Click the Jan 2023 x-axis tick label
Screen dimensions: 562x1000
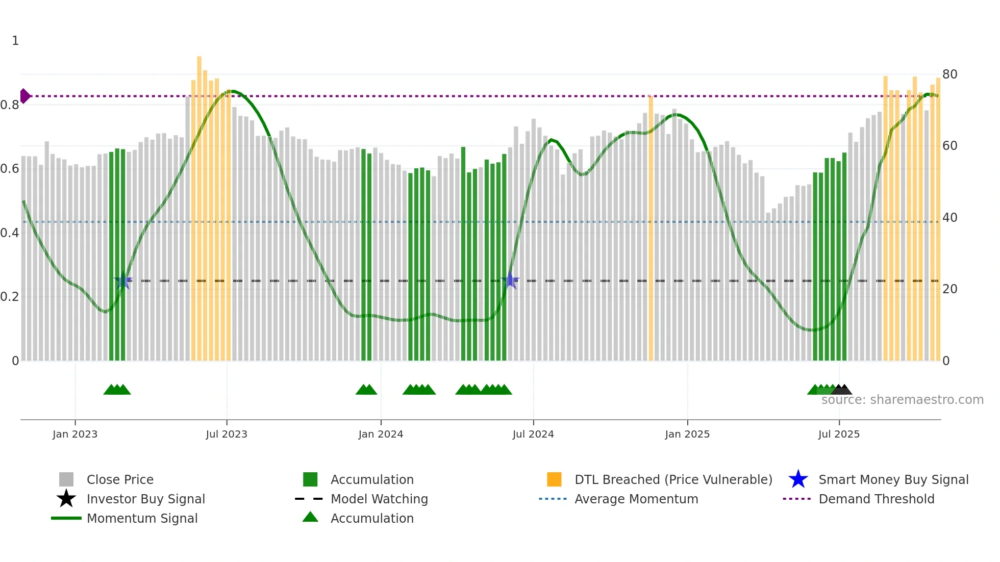tap(75, 434)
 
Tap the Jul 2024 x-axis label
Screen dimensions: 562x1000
tap(533, 434)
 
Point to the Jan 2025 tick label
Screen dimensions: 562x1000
tap(687, 434)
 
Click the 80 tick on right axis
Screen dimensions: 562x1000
tap(949, 74)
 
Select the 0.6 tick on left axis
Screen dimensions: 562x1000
tap(10, 169)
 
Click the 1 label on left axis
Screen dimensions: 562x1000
tap(15, 41)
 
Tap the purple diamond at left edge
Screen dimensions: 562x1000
tap(24, 96)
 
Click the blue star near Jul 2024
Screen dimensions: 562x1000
tap(510, 280)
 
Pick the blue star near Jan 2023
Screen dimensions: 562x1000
tap(123, 280)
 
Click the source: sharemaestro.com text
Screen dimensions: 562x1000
tap(902, 400)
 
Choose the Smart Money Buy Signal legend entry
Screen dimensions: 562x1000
tap(893, 479)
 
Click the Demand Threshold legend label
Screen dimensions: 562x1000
tap(876, 499)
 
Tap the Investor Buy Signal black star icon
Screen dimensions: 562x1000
tap(66, 499)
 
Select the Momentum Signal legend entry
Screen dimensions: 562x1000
tap(142, 518)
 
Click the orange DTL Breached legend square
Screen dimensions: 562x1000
tap(554, 479)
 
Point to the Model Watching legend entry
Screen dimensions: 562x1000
tap(379, 499)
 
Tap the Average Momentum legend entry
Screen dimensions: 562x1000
tap(636, 499)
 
